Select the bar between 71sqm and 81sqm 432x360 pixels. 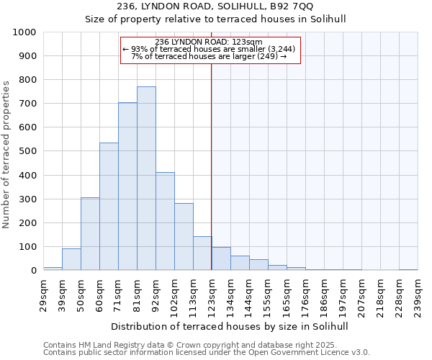(127, 186)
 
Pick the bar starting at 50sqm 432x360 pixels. (90, 234)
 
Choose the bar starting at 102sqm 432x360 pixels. (184, 237)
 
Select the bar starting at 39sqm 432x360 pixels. (71, 259)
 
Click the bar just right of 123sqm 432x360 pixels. (221, 259)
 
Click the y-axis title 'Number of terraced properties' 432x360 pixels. (6, 155)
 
